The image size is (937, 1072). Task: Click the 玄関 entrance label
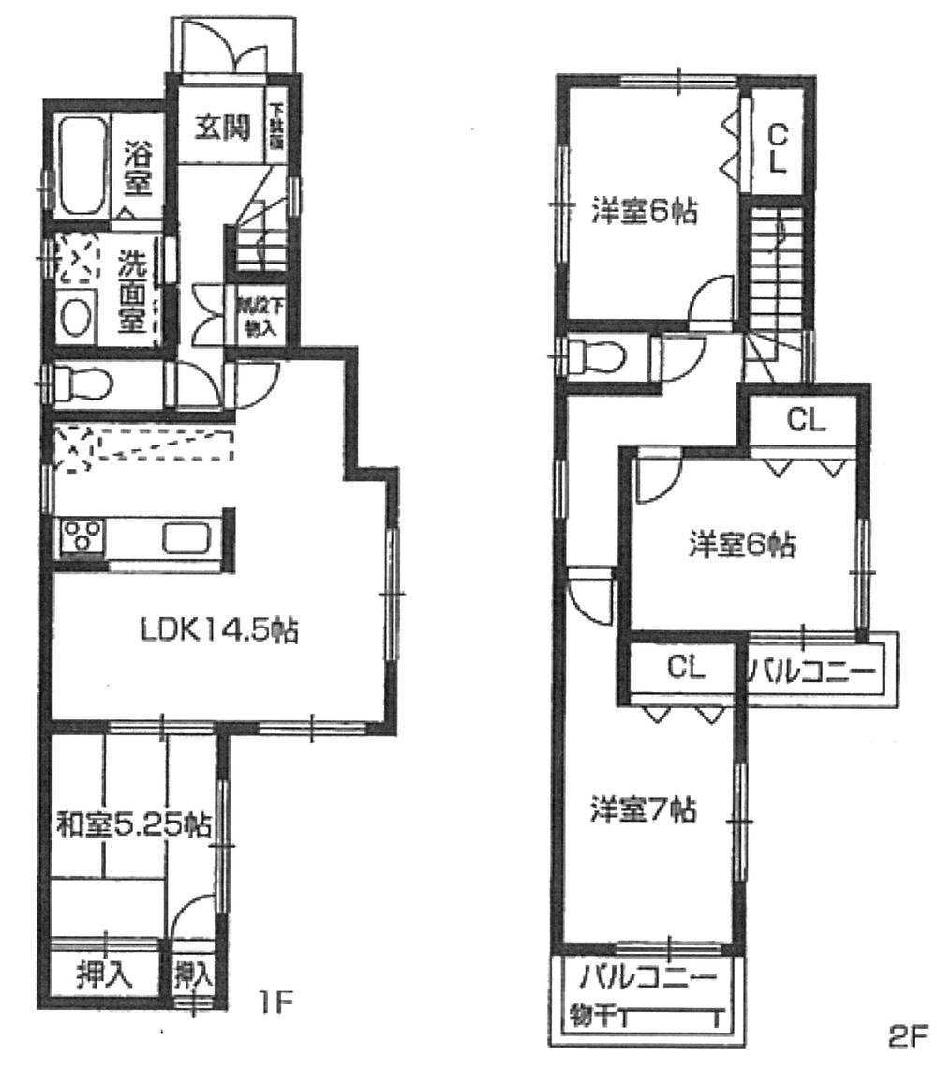click(222, 128)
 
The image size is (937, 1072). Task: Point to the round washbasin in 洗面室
click(76, 317)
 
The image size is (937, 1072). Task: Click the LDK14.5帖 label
click(220, 631)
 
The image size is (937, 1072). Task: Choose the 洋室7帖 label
click(643, 809)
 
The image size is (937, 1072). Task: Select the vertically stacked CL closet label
click(777, 150)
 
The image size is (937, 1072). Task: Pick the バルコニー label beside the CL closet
click(812, 672)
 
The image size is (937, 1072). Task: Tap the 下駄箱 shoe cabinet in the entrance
click(277, 128)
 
